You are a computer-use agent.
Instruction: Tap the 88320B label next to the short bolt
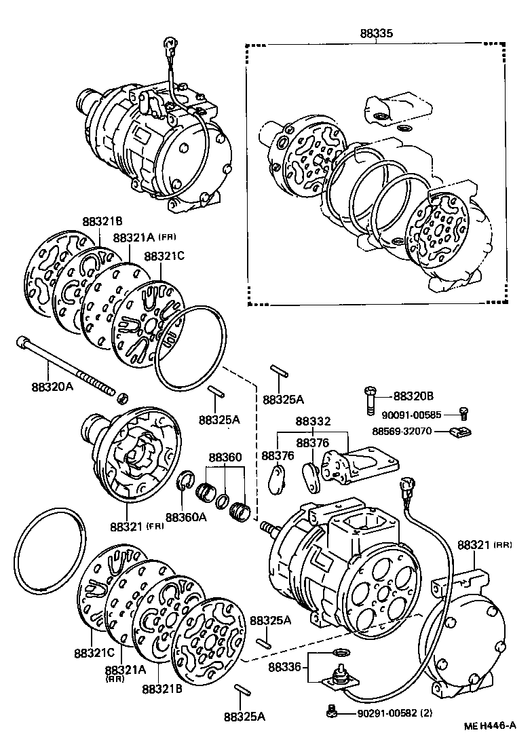point(413,395)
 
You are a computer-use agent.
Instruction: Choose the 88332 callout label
point(313,421)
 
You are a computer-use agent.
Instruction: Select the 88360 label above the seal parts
point(225,457)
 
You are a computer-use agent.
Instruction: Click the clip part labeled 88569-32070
point(461,430)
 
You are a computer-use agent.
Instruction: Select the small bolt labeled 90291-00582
point(332,711)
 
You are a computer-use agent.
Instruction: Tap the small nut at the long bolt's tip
point(123,396)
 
